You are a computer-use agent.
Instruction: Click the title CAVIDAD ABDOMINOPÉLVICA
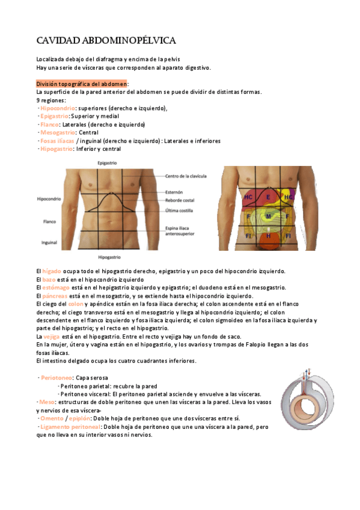[x=106, y=40]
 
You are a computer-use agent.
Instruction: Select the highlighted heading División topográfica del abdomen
[x=81, y=84]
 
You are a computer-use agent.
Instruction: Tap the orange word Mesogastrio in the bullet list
[x=57, y=132]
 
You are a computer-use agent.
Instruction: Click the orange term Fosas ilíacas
[x=57, y=141]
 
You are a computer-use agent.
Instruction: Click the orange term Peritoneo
[x=56, y=377]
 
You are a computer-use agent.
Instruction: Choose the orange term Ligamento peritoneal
[x=70, y=426]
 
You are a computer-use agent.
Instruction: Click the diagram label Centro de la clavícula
[x=186, y=176]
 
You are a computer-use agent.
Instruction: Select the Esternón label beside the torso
[x=175, y=192]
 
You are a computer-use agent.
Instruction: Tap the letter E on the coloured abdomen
[x=269, y=197]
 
